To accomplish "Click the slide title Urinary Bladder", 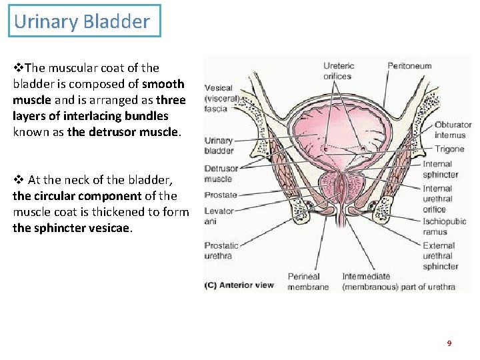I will [x=82, y=21].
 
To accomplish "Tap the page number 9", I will [x=449, y=343].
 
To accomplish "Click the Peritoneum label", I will [x=409, y=66].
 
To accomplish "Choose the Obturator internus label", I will [x=453, y=130].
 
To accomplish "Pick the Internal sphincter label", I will [x=440, y=169].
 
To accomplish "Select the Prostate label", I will [x=221, y=195].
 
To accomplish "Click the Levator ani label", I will [x=219, y=216].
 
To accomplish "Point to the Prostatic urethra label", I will [x=221, y=251].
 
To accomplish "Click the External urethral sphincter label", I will [x=440, y=256].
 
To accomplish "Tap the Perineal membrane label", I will [x=308, y=281].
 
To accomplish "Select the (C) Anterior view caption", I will [x=239, y=285].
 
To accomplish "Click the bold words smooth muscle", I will [x=98, y=92].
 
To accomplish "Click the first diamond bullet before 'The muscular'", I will [x=17, y=68].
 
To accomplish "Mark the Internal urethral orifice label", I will [x=438, y=199].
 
